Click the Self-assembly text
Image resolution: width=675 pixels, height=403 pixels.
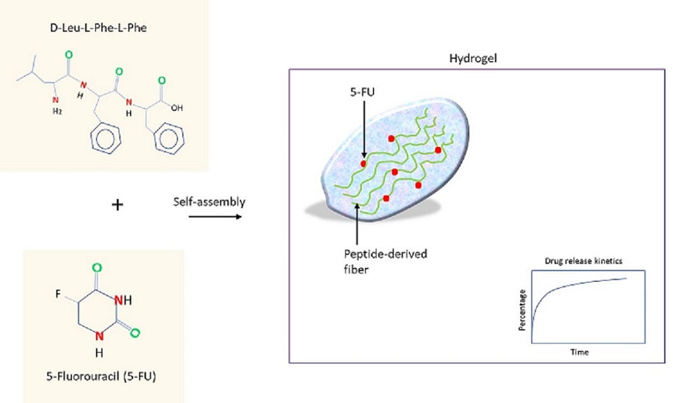point(210,202)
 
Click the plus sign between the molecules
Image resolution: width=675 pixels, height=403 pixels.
point(118,205)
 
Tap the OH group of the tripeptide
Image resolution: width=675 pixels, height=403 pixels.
point(177,108)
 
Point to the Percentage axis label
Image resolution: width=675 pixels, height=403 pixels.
point(524,307)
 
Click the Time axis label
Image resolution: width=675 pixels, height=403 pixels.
point(579,352)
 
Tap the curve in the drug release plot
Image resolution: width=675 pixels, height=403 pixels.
point(561,286)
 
